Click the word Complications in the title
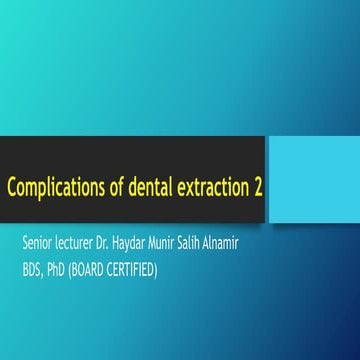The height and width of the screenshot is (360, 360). click(51, 188)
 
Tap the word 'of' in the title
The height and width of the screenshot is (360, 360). click(107, 187)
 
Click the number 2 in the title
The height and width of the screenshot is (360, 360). click(258, 187)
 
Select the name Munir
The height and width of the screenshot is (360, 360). click(190, 243)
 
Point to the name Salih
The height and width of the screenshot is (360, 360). click(224, 243)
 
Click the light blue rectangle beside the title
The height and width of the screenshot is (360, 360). click(315, 166)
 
